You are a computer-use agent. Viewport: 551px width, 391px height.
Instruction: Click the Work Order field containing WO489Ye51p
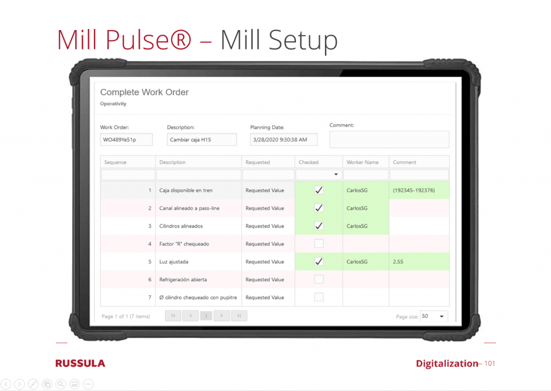126,139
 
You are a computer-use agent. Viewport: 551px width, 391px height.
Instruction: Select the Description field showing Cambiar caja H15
202,139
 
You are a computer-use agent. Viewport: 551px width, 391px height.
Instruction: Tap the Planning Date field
284,139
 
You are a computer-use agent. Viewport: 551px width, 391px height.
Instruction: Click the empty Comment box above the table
389,139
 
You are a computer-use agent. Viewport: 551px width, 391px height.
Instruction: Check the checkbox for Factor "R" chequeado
319,244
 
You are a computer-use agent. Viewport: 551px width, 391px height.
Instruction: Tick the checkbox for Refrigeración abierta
319,279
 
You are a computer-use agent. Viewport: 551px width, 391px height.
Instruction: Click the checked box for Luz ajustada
319,261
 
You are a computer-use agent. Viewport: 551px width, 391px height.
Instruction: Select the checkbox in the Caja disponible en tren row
319,190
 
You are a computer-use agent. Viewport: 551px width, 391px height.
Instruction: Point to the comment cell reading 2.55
398,262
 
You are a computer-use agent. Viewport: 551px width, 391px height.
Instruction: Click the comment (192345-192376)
414,190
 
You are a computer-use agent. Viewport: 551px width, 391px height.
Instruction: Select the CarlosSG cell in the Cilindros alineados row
357,226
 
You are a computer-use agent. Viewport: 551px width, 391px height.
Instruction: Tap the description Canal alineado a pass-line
189,208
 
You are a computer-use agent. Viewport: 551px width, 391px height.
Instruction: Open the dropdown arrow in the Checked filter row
336,174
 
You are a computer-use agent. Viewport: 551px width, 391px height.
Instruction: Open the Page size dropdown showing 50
434,316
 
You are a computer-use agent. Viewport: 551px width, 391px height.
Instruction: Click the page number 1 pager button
206,316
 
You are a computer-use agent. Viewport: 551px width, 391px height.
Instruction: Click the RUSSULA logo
80,363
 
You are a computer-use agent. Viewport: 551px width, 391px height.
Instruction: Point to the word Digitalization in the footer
447,364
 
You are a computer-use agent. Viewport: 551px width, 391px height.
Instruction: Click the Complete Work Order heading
144,92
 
